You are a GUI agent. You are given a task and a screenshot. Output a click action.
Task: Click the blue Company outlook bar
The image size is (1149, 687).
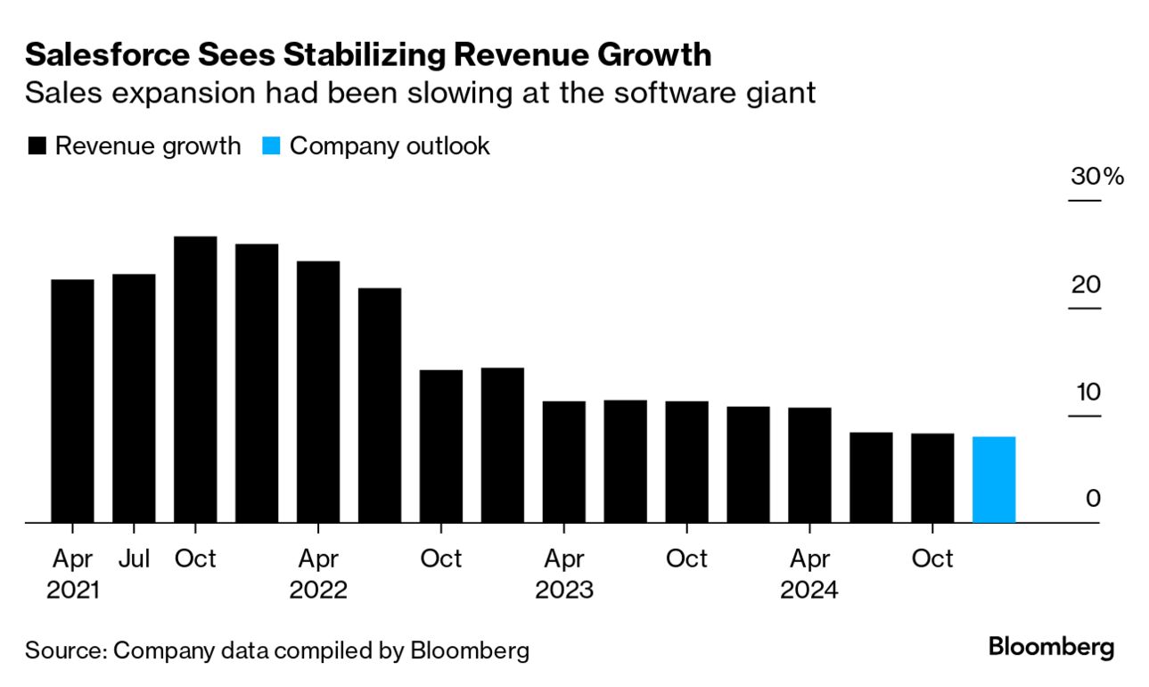993,480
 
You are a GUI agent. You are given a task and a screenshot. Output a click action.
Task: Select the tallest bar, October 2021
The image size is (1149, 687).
195,379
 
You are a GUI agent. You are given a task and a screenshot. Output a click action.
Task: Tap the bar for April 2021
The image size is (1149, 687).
72,401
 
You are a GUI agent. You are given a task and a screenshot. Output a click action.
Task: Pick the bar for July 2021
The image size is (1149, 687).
134,398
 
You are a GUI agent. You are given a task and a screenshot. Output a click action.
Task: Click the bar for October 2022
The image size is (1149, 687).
441,446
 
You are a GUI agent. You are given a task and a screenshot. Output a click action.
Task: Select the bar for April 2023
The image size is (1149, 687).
564,461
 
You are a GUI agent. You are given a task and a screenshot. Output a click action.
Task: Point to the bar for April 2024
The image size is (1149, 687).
809,465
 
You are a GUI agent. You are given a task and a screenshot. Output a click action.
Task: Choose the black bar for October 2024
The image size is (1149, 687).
932,477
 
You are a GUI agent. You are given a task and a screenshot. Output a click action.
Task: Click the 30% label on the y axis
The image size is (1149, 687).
1096,177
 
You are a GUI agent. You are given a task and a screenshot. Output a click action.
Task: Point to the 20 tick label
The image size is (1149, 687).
1086,286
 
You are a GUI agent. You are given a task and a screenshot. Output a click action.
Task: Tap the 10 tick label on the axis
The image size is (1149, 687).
1086,393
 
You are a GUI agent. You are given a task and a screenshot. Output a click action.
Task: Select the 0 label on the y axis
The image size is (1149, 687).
1093,499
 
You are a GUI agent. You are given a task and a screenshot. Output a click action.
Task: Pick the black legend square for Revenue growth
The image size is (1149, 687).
37,146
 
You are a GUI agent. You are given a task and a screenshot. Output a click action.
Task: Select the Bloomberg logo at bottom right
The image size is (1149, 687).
1051,647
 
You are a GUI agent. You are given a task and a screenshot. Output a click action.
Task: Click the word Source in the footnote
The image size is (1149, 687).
63,650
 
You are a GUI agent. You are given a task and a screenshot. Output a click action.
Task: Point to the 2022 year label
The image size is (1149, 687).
318,591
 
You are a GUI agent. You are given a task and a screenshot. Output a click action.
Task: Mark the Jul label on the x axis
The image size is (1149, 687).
134,559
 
